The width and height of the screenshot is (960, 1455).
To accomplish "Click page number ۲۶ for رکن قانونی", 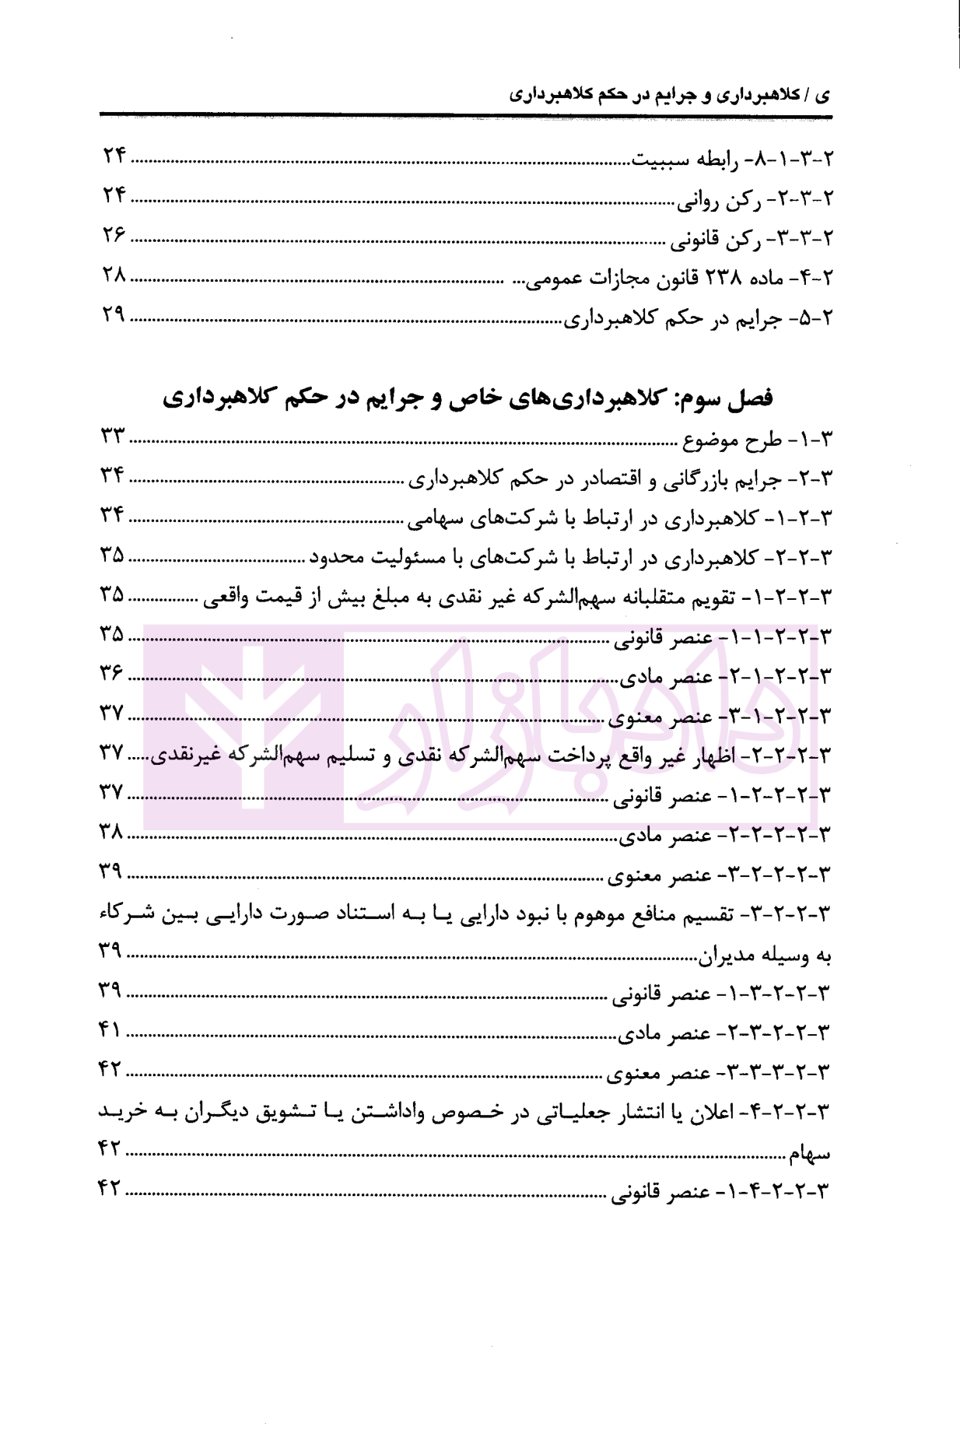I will tap(114, 235).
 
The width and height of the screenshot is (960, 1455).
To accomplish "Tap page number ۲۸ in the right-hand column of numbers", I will tap(114, 276).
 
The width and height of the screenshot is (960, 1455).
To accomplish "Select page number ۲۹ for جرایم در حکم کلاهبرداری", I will tap(114, 317).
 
